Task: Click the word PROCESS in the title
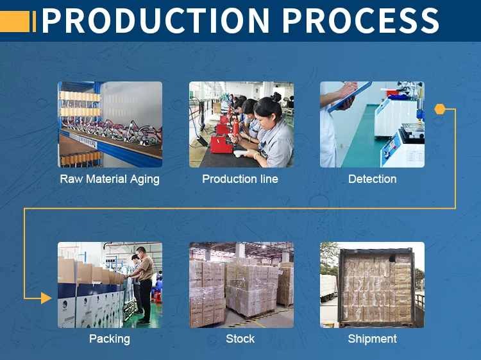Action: (x=360, y=21)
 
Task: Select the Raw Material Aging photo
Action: (x=110, y=124)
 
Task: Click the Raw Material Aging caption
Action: (x=110, y=179)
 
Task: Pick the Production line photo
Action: (x=241, y=124)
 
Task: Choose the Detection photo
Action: (x=372, y=124)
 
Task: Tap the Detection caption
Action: (x=372, y=179)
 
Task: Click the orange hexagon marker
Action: (x=439, y=109)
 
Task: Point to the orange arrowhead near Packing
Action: (x=46, y=298)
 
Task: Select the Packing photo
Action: (x=110, y=285)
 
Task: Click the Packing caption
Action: (x=110, y=339)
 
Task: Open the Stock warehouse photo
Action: (x=241, y=285)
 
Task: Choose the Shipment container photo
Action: (x=372, y=285)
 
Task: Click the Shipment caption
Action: (x=372, y=339)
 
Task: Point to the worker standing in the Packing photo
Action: (x=145, y=286)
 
